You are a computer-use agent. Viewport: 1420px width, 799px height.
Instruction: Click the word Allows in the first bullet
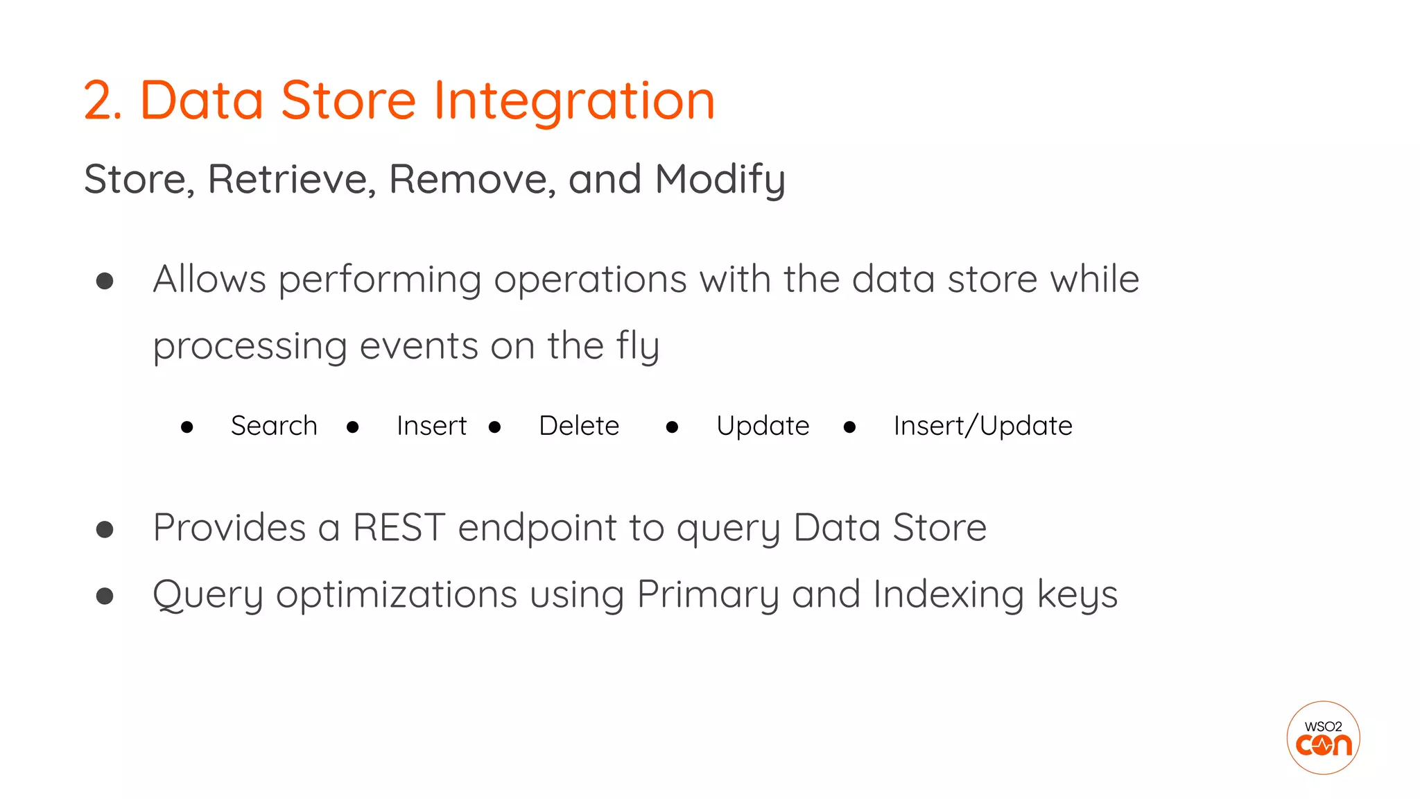tap(209, 280)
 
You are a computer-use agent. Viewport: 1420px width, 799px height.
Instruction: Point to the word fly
tap(637, 346)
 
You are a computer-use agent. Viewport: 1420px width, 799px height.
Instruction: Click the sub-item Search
tap(274, 426)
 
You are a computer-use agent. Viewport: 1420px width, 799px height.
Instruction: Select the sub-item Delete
tap(579, 426)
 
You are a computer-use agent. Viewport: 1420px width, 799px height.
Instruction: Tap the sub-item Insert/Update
tap(982, 426)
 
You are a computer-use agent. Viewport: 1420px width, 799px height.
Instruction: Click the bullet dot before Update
tap(672, 427)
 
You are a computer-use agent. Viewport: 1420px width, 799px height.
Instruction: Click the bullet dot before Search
tap(187, 427)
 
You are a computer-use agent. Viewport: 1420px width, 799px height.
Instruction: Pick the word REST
tap(399, 528)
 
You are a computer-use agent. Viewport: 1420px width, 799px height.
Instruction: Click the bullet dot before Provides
tap(105, 530)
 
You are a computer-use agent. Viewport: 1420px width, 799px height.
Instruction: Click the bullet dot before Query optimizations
tap(105, 596)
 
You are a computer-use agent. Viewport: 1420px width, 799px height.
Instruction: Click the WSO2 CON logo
tap(1323, 738)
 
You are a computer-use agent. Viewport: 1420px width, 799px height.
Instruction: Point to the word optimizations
tap(397, 595)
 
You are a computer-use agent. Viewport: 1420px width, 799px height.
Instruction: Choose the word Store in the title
tap(348, 101)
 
